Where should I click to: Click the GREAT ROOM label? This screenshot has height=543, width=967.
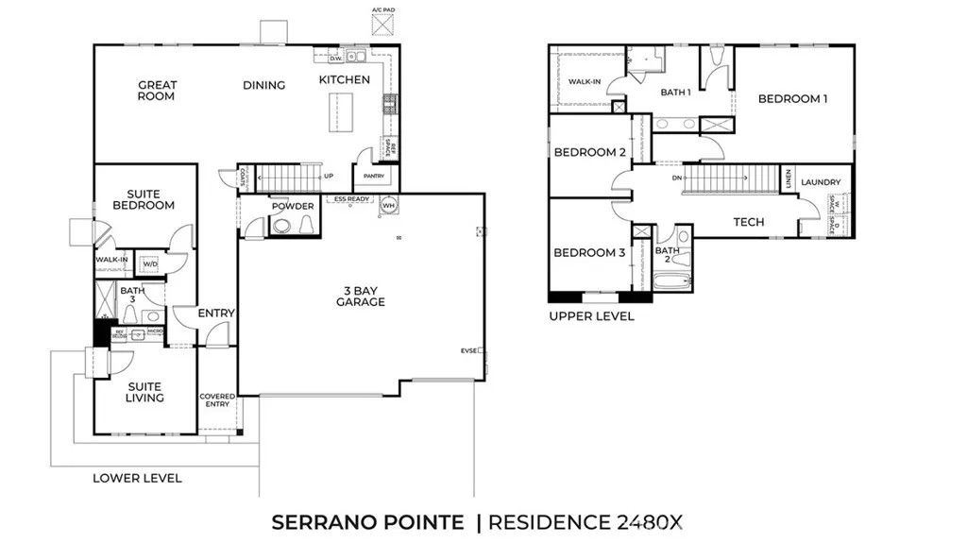tap(157, 91)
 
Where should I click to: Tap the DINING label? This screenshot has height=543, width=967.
tap(263, 85)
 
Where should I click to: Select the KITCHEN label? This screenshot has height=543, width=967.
tap(344, 80)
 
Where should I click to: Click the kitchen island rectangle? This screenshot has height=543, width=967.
tap(331, 115)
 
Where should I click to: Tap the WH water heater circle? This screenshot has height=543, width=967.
tap(389, 205)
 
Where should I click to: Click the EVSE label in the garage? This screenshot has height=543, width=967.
tap(469, 350)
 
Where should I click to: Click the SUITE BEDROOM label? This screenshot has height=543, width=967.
tap(144, 199)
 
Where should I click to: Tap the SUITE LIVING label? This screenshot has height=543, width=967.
tap(144, 392)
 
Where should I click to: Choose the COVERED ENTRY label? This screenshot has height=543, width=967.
tap(217, 401)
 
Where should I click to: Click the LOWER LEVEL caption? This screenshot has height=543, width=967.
tap(137, 478)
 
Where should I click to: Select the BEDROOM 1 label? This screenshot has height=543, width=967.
tap(792, 98)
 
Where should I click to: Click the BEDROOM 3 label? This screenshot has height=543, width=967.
tap(589, 252)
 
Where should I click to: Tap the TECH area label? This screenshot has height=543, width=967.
tap(749, 223)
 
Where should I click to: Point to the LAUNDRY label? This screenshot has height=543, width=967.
tap(820, 182)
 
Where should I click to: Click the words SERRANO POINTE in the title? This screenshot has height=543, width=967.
tap(367, 522)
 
